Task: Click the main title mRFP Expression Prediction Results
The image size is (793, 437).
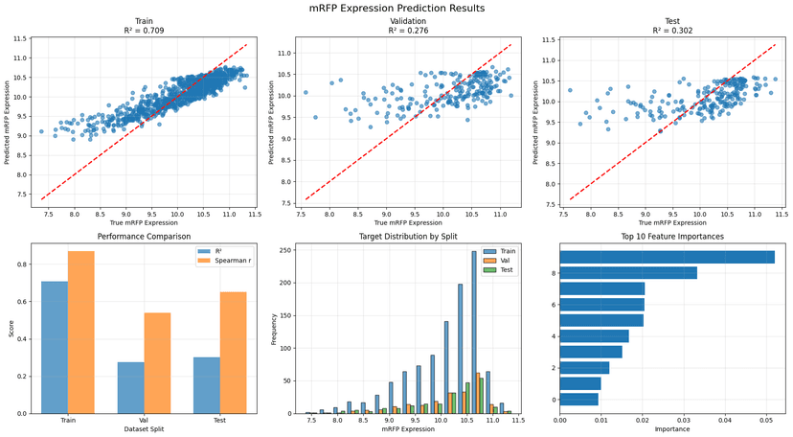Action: tap(396, 8)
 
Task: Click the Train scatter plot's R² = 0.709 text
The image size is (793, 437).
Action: tap(144, 31)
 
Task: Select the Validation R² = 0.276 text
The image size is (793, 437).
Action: tap(408, 31)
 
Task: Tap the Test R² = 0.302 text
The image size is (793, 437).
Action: tap(672, 31)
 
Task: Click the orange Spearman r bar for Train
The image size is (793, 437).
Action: tap(80, 333)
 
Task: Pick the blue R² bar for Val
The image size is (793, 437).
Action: tap(130, 388)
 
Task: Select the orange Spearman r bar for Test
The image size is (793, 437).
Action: tap(233, 353)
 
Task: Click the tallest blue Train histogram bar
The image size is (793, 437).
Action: tap(474, 333)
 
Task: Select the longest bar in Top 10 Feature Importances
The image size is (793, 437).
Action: tap(668, 257)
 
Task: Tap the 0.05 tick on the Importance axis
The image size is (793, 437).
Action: tap(766, 421)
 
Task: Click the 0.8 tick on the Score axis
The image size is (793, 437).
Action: tap(22, 264)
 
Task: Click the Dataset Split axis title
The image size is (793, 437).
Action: tap(144, 429)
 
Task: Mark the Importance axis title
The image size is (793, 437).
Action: tap(672, 429)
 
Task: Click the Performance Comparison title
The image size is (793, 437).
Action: tap(144, 236)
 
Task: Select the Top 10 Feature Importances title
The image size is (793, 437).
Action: tap(672, 236)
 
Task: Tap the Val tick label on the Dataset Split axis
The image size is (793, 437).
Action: tap(144, 421)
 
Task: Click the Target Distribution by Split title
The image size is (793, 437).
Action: tap(408, 236)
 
